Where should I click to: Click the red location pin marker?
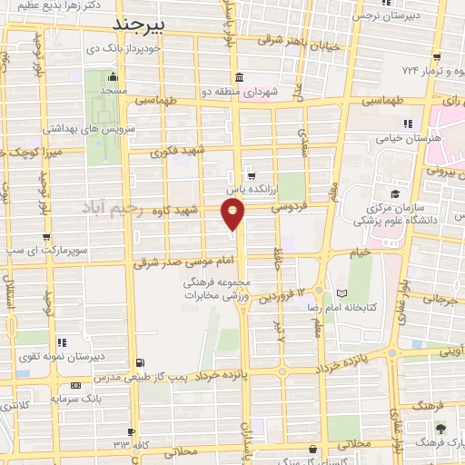tap(232, 214)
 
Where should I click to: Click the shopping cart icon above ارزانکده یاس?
tap(251, 176)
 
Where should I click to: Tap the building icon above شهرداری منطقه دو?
tap(238, 76)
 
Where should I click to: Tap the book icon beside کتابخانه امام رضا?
tap(341, 294)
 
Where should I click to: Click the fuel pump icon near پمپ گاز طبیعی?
tap(138, 363)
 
